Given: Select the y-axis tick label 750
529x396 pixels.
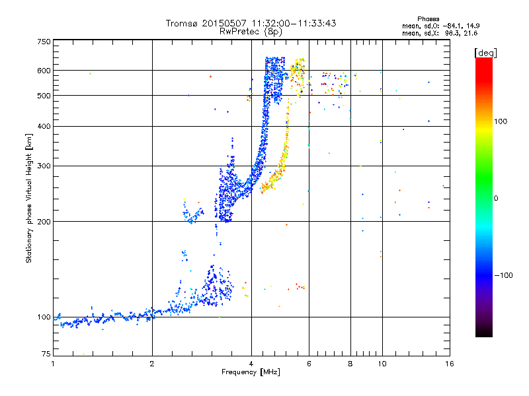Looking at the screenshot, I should (x=44, y=42).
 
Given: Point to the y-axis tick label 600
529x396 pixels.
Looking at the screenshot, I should (x=44, y=71).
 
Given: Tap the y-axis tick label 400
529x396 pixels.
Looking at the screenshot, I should (x=44, y=127).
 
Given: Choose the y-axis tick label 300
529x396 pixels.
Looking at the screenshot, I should (x=44, y=166).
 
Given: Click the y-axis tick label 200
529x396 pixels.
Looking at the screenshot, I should (x=44, y=222).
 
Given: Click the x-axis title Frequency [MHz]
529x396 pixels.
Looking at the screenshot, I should (x=251, y=373).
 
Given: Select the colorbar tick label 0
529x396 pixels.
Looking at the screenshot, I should (x=495, y=198).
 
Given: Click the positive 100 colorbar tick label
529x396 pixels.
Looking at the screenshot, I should (x=501, y=121).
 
